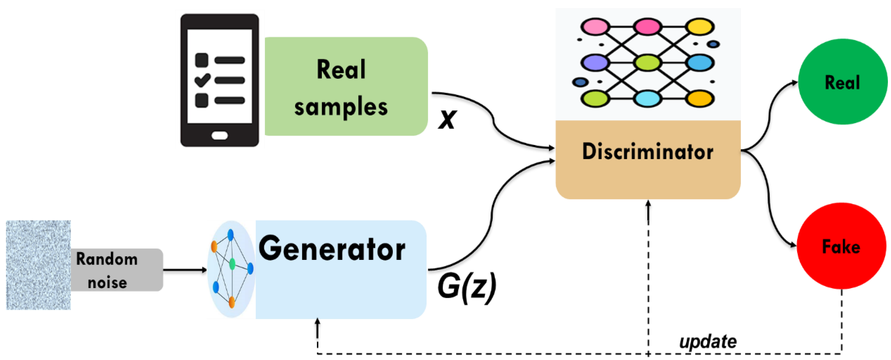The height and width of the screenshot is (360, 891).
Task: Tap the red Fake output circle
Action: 841,246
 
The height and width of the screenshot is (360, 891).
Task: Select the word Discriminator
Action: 648,151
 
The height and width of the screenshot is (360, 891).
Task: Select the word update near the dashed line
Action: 708,341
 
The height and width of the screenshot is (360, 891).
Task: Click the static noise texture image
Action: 38,265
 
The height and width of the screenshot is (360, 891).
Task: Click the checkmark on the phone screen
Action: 202,80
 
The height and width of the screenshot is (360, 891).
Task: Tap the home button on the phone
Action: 220,135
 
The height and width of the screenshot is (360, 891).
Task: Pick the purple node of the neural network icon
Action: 595,63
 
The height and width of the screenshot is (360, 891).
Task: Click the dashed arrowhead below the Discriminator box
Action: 648,204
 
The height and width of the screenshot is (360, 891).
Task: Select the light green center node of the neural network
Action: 648,63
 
